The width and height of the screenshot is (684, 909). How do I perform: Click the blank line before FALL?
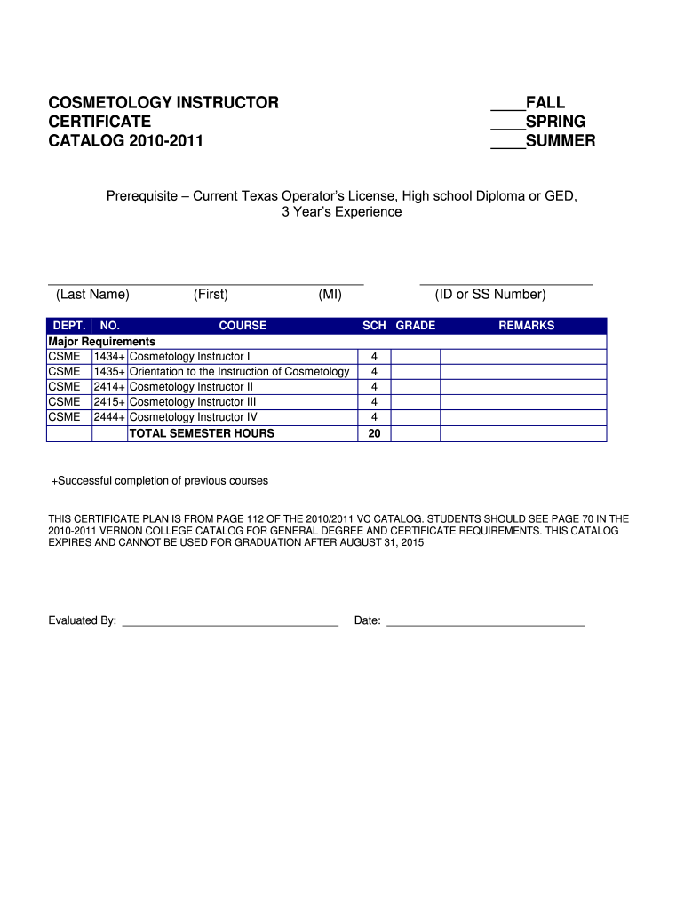coord(507,108)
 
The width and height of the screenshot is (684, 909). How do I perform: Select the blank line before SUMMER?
coord(507,147)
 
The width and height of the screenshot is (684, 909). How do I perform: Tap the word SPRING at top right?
coord(555,122)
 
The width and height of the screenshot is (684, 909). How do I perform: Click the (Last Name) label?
coord(92,295)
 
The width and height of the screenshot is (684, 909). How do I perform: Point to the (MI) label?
coord(330,295)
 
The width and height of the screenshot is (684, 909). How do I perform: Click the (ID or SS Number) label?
coord(490,295)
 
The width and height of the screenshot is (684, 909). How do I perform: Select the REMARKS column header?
coord(526,326)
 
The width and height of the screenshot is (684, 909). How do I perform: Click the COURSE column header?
coord(243,326)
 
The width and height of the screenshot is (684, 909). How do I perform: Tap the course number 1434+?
coord(110,357)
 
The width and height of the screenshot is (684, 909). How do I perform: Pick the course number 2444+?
coord(110,417)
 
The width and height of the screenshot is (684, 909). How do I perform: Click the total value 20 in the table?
coord(374,433)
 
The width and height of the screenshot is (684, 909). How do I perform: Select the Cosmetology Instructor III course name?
coord(193,402)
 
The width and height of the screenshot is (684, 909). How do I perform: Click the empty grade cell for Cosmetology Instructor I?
coord(416,357)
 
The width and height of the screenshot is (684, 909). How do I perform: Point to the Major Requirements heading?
coord(102,342)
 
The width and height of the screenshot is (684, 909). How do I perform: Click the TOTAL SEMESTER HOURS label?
coord(202,433)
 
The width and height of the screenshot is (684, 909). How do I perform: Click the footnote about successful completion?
coord(160,481)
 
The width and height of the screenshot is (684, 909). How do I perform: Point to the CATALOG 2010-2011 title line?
coord(125,141)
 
